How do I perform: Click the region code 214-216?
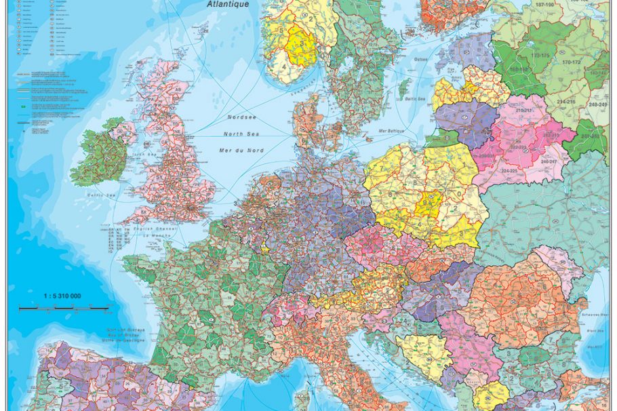click(566, 101)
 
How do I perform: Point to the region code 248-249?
click(597, 104)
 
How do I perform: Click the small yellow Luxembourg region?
click(264, 249)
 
